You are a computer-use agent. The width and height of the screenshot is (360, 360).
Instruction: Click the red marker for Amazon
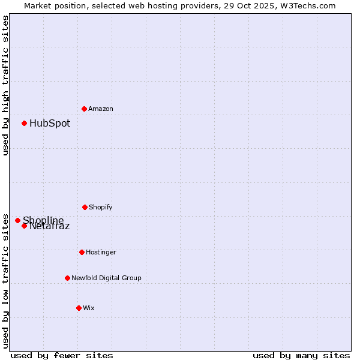pyautogui.click(x=84, y=109)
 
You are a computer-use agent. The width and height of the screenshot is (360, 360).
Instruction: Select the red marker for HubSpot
pyautogui.click(x=24, y=123)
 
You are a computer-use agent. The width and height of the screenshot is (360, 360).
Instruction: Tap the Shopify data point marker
pyautogui.click(x=85, y=207)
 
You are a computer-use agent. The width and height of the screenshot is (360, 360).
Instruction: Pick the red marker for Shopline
pyautogui.click(x=17, y=220)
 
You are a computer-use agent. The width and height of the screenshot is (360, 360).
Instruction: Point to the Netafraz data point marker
pyautogui.click(x=24, y=226)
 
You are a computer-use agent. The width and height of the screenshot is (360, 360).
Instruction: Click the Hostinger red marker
pyautogui.click(x=82, y=252)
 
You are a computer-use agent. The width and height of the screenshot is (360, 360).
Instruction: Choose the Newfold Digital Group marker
pyautogui.click(x=67, y=278)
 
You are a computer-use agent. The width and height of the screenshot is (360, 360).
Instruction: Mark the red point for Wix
pyautogui.click(x=79, y=308)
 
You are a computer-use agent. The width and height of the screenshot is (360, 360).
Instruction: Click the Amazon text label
pyautogui.click(x=101, y=109)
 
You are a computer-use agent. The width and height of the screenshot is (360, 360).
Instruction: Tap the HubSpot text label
pyautogui.click(x=50, y=123)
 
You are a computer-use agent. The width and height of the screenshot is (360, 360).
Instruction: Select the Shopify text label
pyautogui.click(x=101, y=207)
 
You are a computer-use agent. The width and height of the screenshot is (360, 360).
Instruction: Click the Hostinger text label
pyautogui.click(x=101, y=252)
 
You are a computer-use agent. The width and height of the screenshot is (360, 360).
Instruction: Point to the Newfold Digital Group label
pyautogui.click(x=106, y=278)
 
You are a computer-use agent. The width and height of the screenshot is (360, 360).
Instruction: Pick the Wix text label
pyautogui.click(x=89, y=308)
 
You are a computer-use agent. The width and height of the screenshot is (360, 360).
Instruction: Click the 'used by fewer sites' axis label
pyautogui.click(x=62, y=355)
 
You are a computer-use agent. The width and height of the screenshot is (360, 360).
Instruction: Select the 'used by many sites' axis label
pyautogui.click(x=301, y=355)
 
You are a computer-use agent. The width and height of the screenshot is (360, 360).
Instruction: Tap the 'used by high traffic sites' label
pyautogui.click(x=5, y=85)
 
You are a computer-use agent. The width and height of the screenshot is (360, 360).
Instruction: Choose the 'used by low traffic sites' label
pyautogui.click(x=5, y=280)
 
